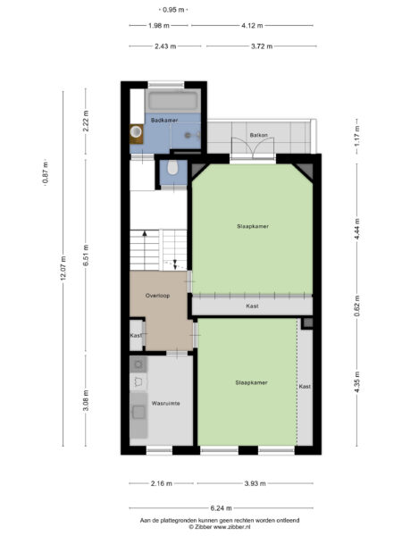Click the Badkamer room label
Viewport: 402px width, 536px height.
click(x=163, y=120)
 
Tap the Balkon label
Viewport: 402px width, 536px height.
click(x=259, y=135)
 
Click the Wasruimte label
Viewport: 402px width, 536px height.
click(x=164, y=403)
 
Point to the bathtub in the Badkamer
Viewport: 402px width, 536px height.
click(x=175, y=99)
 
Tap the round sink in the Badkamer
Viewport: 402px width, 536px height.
click(x=136, y=133)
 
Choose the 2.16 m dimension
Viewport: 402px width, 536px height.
click(x=161, y=483)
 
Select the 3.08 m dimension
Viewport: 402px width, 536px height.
click(x=86, y=398)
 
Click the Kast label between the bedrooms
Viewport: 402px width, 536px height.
click(x=252, y=306)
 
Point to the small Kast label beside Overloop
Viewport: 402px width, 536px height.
click(x=136, y=335)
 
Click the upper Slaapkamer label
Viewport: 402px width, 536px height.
click(x=253, y=226)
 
